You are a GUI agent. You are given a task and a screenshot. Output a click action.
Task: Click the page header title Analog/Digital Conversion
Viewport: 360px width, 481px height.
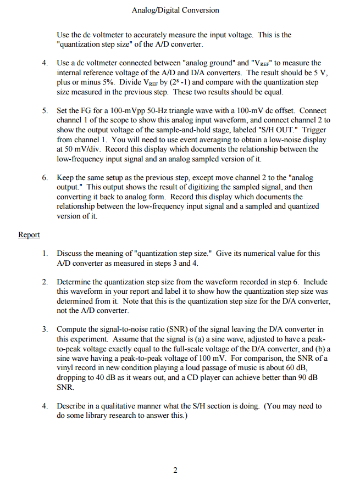pos(175,10)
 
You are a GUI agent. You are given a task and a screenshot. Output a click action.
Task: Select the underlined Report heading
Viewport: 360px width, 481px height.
pos(29,234)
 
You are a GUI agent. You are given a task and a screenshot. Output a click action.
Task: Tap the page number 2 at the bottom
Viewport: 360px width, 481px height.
pos(175,471)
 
